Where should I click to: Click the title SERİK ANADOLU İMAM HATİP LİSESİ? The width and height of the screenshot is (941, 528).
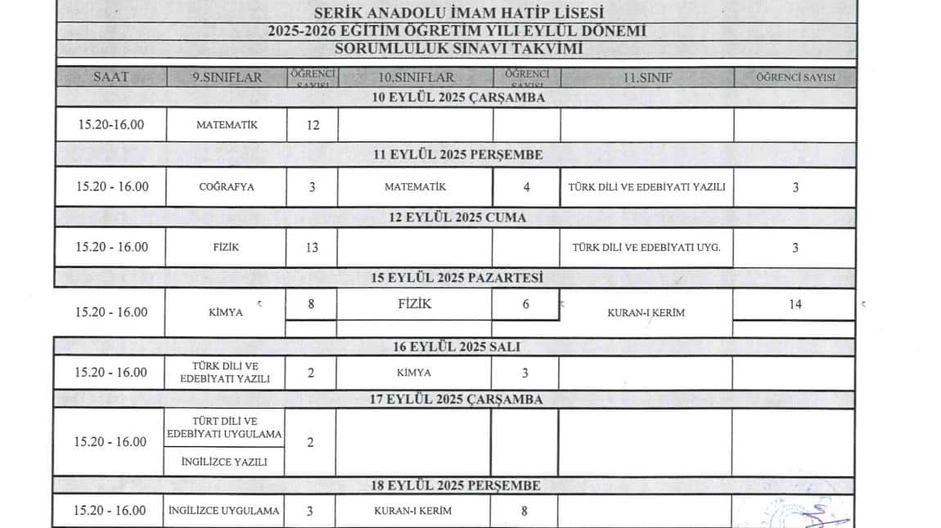click(457, 12)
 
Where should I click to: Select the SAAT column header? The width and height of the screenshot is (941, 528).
click(111, 78)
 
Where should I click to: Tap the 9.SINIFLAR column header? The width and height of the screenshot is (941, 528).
click(227, 78)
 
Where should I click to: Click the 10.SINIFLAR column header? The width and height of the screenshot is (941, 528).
click(416, 78)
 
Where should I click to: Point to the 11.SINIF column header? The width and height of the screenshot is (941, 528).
click(646, 78)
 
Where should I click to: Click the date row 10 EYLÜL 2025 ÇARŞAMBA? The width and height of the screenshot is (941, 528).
click(457, 97)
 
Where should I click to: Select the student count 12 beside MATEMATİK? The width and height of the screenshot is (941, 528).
click(312, 126)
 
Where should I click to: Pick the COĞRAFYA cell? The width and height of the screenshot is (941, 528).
click(227, 186)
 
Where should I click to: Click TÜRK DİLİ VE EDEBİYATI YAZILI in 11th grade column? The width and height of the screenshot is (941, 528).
click(646, 186)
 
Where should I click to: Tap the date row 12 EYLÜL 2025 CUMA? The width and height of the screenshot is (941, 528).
click(457, 217)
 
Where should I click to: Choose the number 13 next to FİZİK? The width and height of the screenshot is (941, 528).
click(312, 248)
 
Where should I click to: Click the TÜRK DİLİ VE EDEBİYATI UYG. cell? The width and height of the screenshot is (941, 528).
click(646, 248)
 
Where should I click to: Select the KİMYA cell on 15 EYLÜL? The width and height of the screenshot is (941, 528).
click(227, 312)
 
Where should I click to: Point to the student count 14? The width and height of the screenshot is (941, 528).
click(795, 305)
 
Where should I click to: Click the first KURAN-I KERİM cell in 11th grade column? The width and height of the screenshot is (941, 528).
click(646, 312)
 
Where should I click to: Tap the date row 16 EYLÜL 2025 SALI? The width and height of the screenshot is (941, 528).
click(457, 347)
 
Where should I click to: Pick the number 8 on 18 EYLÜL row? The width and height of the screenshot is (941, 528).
click(525, 512)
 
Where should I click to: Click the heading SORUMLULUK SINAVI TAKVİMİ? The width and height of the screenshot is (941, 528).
click(457, 48)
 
